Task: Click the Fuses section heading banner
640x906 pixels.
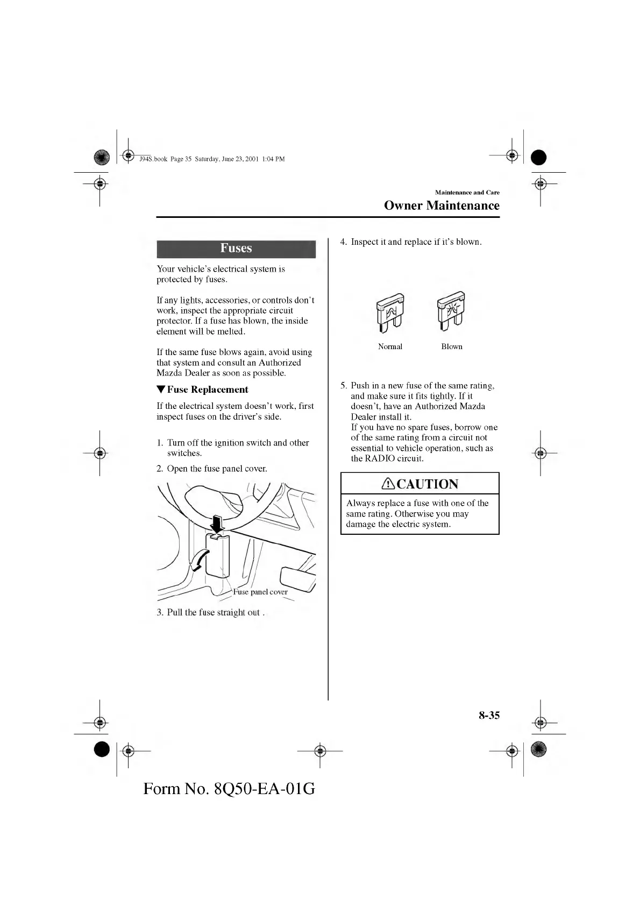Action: pyautogui.click(x=236, y=249)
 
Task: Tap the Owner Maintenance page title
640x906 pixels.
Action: pyautogui.click(x=442, y=206)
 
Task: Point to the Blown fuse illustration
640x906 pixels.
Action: pyautogui.click(x=451, y=313)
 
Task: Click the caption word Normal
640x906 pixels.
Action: pyautogui.click(x=390, y=346)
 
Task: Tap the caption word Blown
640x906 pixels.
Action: pyautogui.click(x=452, y=346)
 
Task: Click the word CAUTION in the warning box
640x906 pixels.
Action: pyautogui.click(x=427, y=484)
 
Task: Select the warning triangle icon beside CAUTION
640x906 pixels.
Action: pyautogui.click(x=388, y=484)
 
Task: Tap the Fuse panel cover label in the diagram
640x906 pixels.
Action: pyautogui.click(x=260, y=592)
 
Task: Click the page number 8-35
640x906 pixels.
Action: pyautogui.click(x=489, y=715)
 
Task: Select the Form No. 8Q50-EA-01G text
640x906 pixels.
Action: pyautogui.click(x=229, y=789)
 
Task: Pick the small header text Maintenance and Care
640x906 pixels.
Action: pyautogui.click(x=467, y=192)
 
